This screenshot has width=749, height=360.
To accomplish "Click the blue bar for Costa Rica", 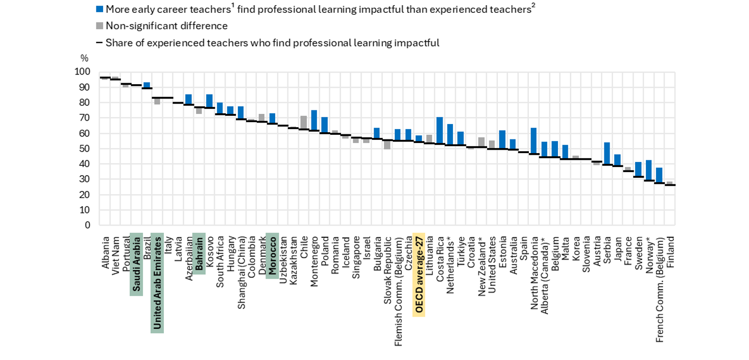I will click(x=439, y=131).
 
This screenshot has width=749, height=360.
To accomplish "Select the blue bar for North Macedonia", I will click(x=533, y=141).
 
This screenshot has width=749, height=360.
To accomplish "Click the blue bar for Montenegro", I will click(x=314, y=121).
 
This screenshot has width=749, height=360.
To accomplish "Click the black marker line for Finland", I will click(x=669, y=185).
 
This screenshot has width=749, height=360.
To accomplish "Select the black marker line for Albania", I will click(x=105, y=78).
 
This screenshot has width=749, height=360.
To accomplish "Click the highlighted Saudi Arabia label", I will click(x=136, y=264).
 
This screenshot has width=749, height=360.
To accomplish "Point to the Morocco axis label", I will click(x=272, y=256).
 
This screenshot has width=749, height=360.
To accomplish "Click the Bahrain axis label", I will click(x=199, y=254).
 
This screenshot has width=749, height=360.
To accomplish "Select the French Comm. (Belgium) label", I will click(x=659, y=284).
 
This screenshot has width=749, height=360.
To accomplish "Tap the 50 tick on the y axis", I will click(x=86, y=149).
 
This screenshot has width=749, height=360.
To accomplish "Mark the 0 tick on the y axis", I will click(x=88, y=225).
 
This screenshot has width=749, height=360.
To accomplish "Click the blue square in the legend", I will click(x=100, y=9).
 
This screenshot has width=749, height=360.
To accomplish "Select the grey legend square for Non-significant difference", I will click(x=100, y=26).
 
